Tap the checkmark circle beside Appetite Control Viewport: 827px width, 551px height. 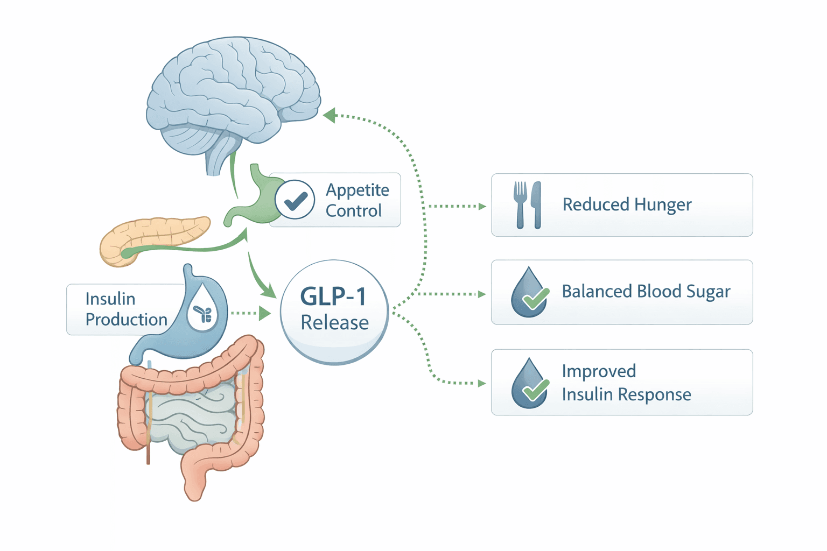295,200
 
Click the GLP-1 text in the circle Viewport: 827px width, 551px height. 333,296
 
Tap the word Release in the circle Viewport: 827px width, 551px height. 334,323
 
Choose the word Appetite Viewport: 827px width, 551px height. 357,190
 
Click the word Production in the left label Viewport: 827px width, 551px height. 127,320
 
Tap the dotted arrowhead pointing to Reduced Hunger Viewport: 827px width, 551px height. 482,206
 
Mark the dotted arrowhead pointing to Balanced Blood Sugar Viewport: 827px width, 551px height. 482,294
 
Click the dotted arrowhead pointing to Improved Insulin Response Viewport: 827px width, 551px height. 482,384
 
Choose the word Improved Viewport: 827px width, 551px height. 599,371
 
